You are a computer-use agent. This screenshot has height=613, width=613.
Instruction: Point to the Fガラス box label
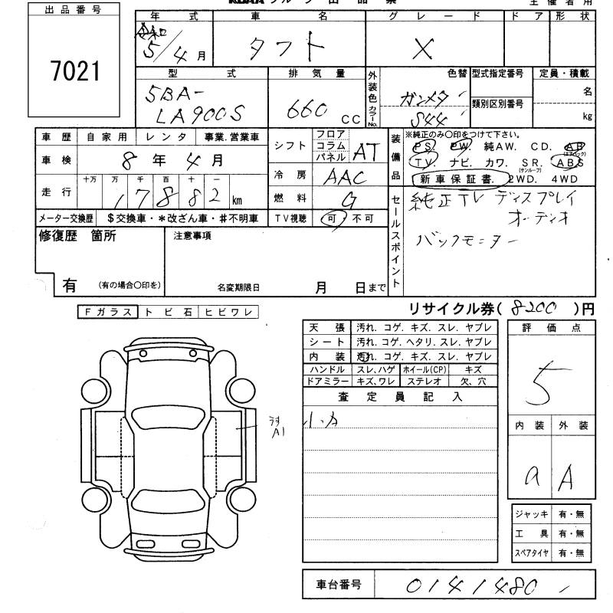coord(107,312)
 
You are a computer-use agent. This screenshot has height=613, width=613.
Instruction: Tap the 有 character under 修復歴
coord(69,285)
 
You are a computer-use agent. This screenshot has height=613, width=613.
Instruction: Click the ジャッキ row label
coord(532,514)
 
